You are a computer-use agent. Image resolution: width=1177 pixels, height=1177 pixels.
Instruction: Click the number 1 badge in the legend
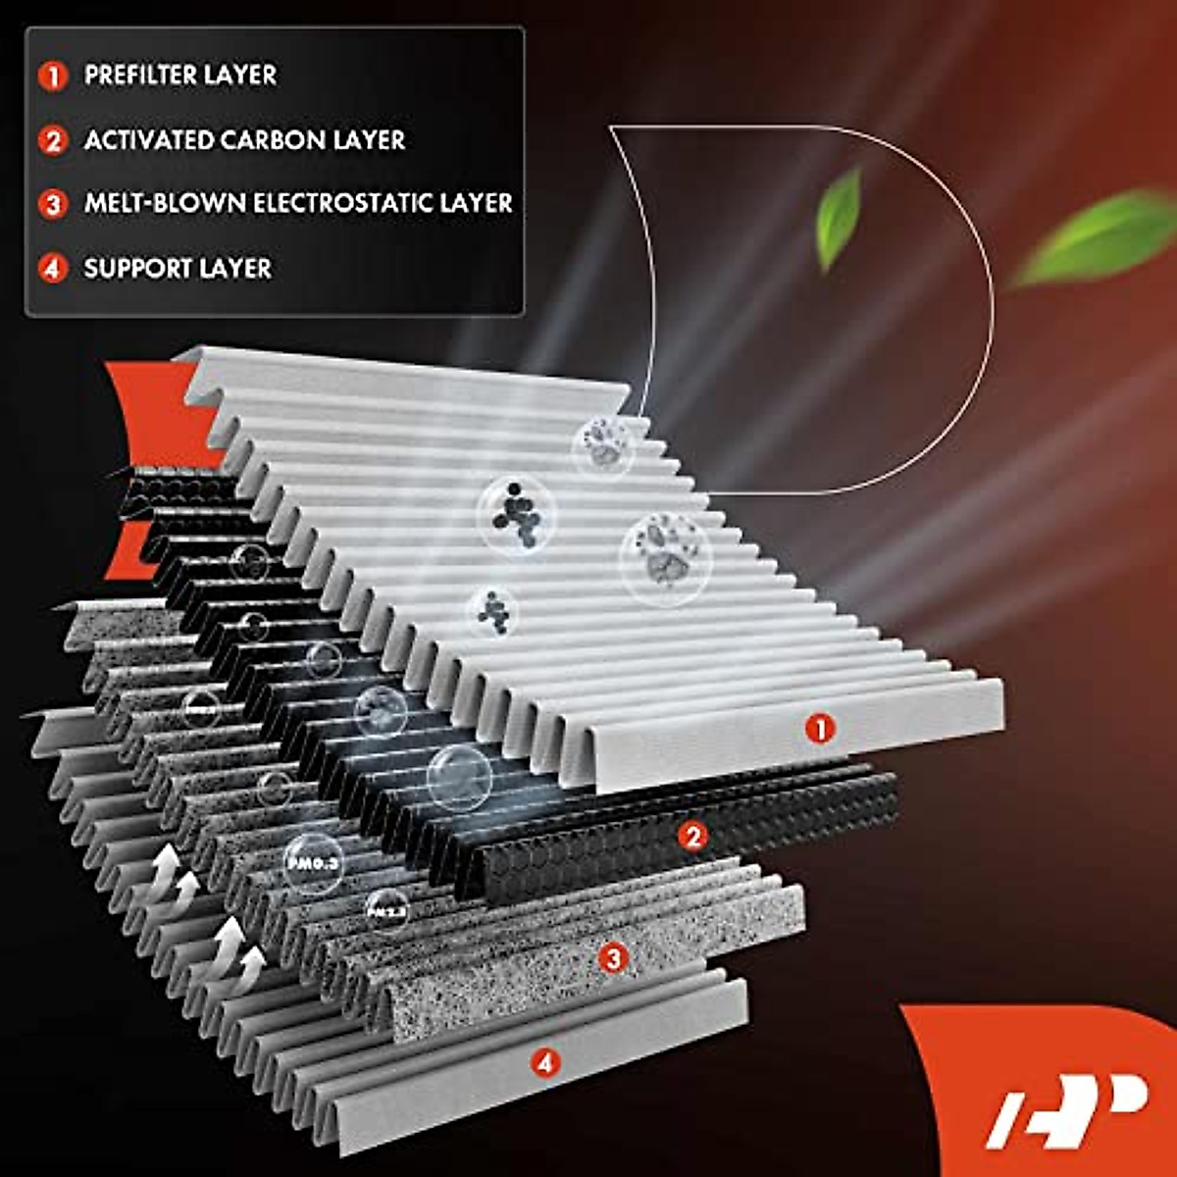[x=53, y=76]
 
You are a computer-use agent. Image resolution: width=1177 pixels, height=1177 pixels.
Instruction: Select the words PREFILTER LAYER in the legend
[x=179, y=76]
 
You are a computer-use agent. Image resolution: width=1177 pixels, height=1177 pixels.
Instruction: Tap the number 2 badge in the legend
[x=53, y=140]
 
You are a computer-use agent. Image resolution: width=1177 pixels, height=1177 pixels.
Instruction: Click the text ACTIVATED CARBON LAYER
[x=244, y=140]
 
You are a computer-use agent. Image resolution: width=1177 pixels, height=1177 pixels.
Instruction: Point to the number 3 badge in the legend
[x=53, y=204]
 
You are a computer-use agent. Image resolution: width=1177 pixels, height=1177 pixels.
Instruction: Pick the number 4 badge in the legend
[x=53, y=268]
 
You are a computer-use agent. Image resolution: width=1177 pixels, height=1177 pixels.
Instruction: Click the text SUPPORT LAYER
[x=178, y=268]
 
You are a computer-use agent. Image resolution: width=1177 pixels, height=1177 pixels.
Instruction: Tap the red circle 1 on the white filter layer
[x=819, y=728]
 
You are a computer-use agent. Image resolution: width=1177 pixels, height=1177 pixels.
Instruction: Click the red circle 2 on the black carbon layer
[x=694, y=836]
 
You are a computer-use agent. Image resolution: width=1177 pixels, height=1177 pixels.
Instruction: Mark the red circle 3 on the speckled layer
[x=613, y=957]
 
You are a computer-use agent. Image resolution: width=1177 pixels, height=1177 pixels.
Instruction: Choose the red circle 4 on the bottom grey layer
[x=545, y=1061]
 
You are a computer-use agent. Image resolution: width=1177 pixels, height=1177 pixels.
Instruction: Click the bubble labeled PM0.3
[x=312, y=863]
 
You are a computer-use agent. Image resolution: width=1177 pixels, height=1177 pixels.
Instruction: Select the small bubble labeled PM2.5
[x=386, y=911]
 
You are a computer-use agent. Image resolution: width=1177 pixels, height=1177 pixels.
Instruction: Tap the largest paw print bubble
[x=665, y=556]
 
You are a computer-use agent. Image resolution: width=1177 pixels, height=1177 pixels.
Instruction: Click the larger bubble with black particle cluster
[x=517, y=513]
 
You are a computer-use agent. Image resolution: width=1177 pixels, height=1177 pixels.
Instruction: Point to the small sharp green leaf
[x=839, y=218]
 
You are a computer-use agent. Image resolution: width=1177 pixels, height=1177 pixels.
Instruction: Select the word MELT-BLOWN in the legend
[x=165, y=203]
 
